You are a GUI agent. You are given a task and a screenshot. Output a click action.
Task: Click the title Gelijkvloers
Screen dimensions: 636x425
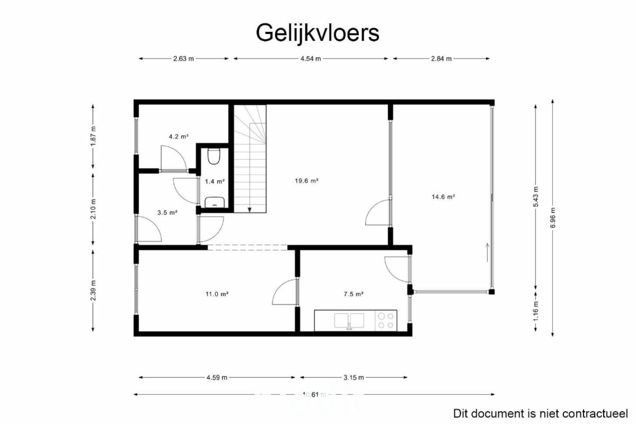tap(317, 33)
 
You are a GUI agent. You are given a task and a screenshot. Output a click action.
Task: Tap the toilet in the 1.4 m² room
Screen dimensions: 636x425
tap(214, 156)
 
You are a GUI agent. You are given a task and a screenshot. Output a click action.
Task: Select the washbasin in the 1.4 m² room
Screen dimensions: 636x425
tap(215, 202)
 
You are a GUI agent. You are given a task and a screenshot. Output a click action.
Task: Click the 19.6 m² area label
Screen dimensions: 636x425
tap(307, 180)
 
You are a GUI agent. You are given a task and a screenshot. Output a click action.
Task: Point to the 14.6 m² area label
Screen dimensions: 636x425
tap(444, 196)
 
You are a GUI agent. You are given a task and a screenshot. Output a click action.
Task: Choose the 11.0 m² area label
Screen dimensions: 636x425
tap(217, 294)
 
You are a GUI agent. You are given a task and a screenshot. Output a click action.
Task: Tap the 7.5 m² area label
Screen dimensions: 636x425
tap(354, 294)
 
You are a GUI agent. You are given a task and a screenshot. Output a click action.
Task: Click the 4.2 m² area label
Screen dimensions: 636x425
tap(179, 136)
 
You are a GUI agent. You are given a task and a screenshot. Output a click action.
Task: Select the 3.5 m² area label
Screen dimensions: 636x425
tap(167, 212)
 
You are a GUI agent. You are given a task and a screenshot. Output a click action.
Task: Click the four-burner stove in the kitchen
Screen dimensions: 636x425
tap(386, 320)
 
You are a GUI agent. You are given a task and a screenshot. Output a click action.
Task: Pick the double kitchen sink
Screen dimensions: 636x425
tap(349, 320)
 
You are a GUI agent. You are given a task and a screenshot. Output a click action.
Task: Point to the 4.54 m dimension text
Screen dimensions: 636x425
tap(311, 59)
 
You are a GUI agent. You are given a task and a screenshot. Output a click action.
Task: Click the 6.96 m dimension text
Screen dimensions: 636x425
tap(552, 218)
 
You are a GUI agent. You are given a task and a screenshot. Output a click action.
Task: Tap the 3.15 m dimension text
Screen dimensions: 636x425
tap(354, 378)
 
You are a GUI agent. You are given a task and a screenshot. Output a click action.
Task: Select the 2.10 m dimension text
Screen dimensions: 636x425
tap(93, 209)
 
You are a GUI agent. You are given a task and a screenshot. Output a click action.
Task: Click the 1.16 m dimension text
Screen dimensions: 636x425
tap(535, 311)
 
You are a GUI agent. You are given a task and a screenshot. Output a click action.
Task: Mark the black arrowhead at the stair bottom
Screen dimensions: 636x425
tap(250, 210)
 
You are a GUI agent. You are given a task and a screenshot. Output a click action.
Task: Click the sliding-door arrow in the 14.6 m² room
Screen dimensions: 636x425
tap(488, 253)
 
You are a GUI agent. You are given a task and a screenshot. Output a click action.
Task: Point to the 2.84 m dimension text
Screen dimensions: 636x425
tap(441, 59)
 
